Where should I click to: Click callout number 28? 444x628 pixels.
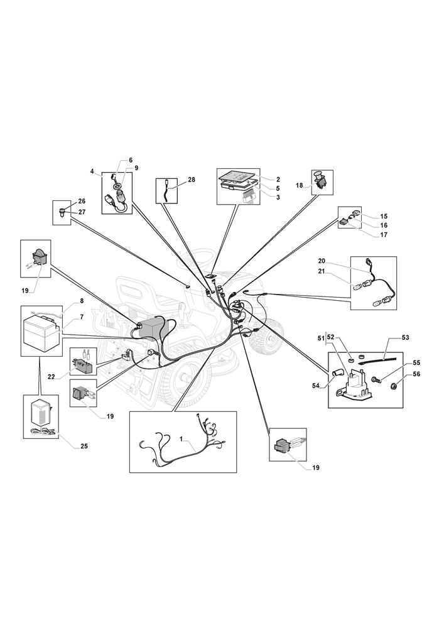(192, 180)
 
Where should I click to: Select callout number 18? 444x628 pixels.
(300, 185)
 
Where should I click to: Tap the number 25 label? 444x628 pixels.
(84, 446)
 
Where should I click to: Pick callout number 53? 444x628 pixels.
(405, 338)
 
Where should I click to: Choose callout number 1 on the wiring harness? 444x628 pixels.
(181, 440)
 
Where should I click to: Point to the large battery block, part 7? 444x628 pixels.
(40, 330)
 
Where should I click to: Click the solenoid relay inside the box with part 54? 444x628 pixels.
(355, 385)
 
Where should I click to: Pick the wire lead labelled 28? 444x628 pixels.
(167, 190)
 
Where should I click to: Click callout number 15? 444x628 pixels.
(384, 216)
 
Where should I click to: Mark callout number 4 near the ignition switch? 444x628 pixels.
(92, 171)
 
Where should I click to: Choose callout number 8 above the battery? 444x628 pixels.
(82, 300)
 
